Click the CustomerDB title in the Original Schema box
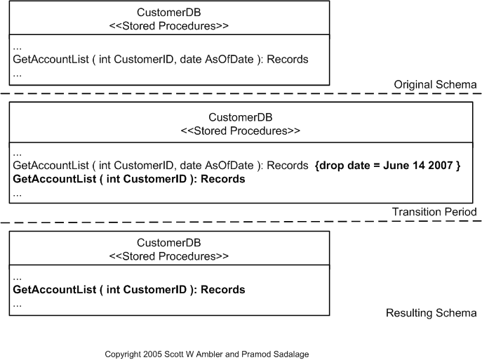[x=169, y=12]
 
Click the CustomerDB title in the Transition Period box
[x=241, y=117]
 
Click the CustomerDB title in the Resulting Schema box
[x=169, y=243]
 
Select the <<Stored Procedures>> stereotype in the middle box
[x=241, y=131]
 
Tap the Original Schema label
[x=435, y=84]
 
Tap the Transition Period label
[x=434, y=212]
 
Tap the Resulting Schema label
[x=431, y=313]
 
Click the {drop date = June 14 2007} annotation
[x=388, y=166]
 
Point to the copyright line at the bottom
[x=206, y=354]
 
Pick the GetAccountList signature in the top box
[x=161, y=60]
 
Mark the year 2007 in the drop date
[x=442, y=166]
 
